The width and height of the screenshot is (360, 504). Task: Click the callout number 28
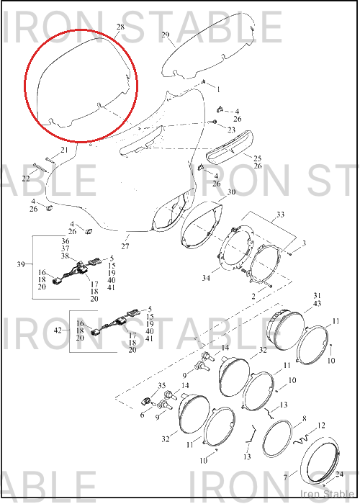click(120, 27)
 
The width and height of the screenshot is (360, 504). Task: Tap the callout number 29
click(165, 35)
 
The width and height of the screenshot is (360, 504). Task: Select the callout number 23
click(231, 130)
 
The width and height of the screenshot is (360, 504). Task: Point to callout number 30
click(231, 192)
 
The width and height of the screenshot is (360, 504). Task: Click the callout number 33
click(280, 214)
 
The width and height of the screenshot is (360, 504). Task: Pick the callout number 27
click(125, 246)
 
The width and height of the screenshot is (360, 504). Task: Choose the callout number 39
click(21, 264)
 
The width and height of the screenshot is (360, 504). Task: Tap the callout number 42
click(58, 330)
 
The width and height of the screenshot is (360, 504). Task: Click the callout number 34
click(206, 277)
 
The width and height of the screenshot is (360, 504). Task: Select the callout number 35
click(161, 386)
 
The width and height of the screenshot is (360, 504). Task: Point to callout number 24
click(339, 474)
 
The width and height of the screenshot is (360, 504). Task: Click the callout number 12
click(321, 426)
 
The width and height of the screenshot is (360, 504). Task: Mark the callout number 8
click(304, 418)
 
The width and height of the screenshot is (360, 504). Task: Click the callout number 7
click(285, 477)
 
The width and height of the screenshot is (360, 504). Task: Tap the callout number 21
click(64, 150)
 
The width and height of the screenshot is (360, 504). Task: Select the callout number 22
click(26, 179)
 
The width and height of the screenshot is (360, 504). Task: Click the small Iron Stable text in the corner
click(327, 494)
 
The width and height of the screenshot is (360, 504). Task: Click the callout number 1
click(219, 89)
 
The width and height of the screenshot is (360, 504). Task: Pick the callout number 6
click(142, 415)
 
